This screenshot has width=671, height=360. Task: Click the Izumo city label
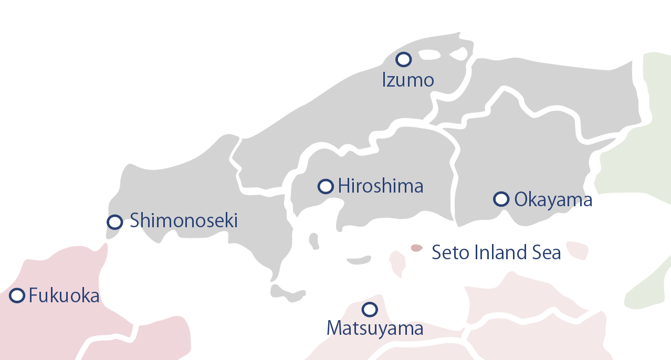pos(408,80)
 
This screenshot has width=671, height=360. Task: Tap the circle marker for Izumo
pos(403,60)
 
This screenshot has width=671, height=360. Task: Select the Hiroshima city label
pos(381,186)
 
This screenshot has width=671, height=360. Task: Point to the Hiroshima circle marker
pos(326,186)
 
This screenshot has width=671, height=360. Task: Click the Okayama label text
pos(553,200)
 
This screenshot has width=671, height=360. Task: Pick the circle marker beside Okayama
pos(501,199)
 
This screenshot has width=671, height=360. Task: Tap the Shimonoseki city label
pos(184,221)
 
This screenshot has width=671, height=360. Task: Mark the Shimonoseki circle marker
pos(114,222)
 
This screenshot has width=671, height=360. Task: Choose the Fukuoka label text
pos(64,296)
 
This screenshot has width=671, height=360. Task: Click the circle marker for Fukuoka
pos(17,295)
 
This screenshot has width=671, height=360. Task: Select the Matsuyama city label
pos(375,329)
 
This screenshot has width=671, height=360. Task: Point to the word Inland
pos(498,253)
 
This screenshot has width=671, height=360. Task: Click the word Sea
pos(547,253)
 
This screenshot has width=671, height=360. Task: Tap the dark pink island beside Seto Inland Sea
pos(416,248)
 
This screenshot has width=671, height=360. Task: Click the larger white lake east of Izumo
pos(429,55)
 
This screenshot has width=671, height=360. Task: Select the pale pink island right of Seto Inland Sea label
pos(578,250)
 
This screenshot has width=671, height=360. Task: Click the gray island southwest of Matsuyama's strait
pos(286,293)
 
